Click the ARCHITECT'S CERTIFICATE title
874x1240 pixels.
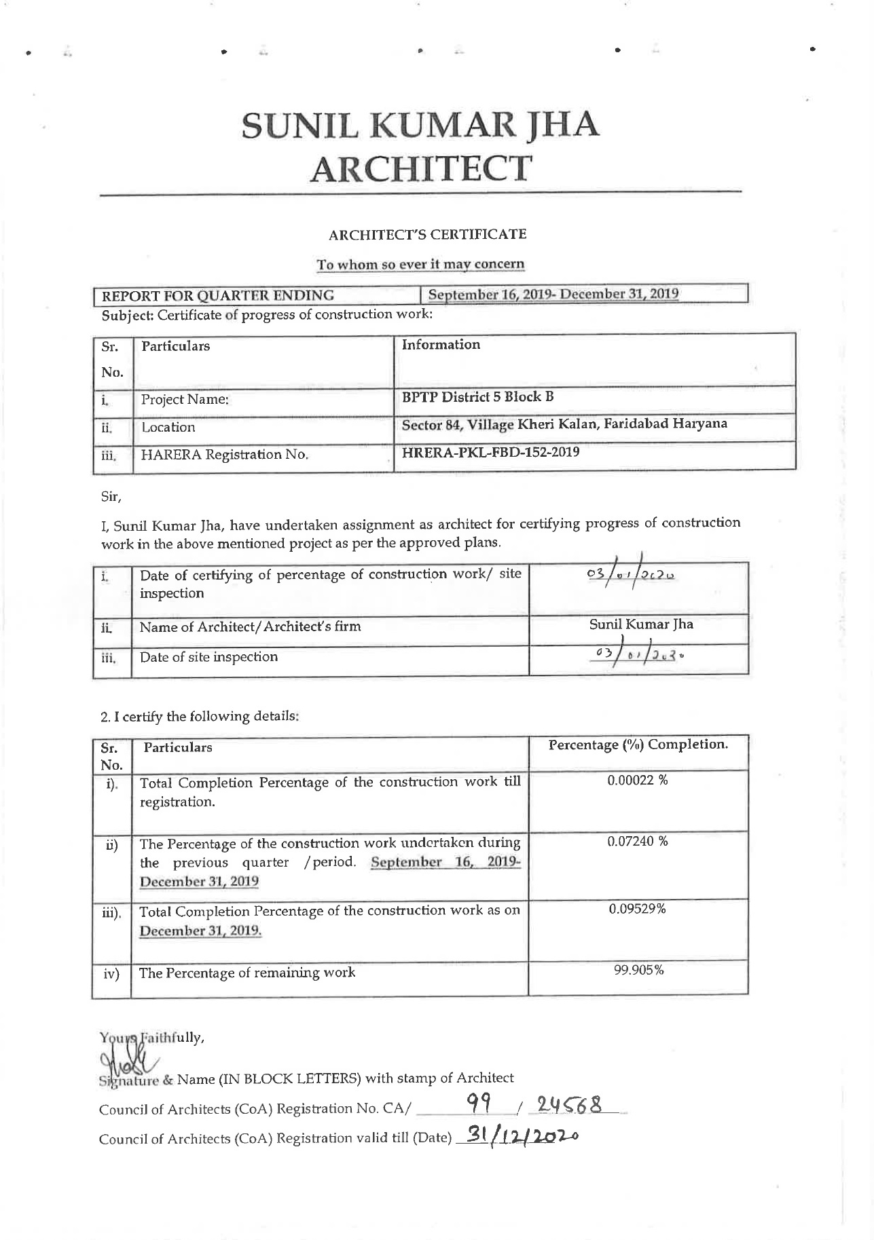click(427, 235)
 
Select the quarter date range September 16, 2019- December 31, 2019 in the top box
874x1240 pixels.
click(553, 295)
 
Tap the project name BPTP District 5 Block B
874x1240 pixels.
click(478, 397)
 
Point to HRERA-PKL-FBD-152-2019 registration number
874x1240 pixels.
click(491, 452)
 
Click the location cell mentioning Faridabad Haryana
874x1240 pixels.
click(564, 424)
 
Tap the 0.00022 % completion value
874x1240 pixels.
click(637, 781)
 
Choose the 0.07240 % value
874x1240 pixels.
click(637, 842)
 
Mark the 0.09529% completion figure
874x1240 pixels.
click(637, 909)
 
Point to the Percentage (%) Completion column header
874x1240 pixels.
click(638, 745)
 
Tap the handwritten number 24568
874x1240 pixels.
click(568, 1106)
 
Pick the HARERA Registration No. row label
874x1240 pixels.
click(224, 455)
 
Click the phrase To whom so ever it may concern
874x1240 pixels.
click(420, 264)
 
